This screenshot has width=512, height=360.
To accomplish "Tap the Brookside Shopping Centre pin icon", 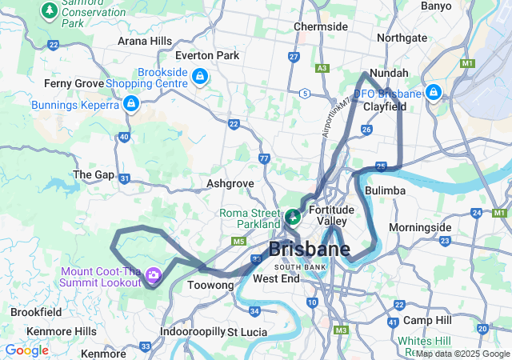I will point(199,78).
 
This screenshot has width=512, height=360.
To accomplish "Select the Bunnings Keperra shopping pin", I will point(130,104).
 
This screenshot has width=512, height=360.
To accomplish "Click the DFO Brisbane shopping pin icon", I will point(433,93).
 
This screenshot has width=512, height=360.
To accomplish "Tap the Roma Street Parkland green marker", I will point(293,216).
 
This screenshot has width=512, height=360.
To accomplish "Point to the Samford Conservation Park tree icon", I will point(50,10).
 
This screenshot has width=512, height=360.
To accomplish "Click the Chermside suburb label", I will point(320,26).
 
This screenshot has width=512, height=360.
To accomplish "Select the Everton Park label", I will point(207,55).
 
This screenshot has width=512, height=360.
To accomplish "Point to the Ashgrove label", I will point(230,183).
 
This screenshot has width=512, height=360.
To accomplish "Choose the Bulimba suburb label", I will point(385,191).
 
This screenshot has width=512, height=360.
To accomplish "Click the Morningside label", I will point(420,227).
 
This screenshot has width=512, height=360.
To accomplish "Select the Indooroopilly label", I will point(192,331).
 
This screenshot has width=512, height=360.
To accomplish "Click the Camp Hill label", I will point(427,320).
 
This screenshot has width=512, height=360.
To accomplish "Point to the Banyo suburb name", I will point(435,6).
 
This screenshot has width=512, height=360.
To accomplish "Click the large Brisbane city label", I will point(309,249).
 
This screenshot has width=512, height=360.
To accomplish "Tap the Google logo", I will point(26,350).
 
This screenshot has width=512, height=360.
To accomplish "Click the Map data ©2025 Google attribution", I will point(462,354).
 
